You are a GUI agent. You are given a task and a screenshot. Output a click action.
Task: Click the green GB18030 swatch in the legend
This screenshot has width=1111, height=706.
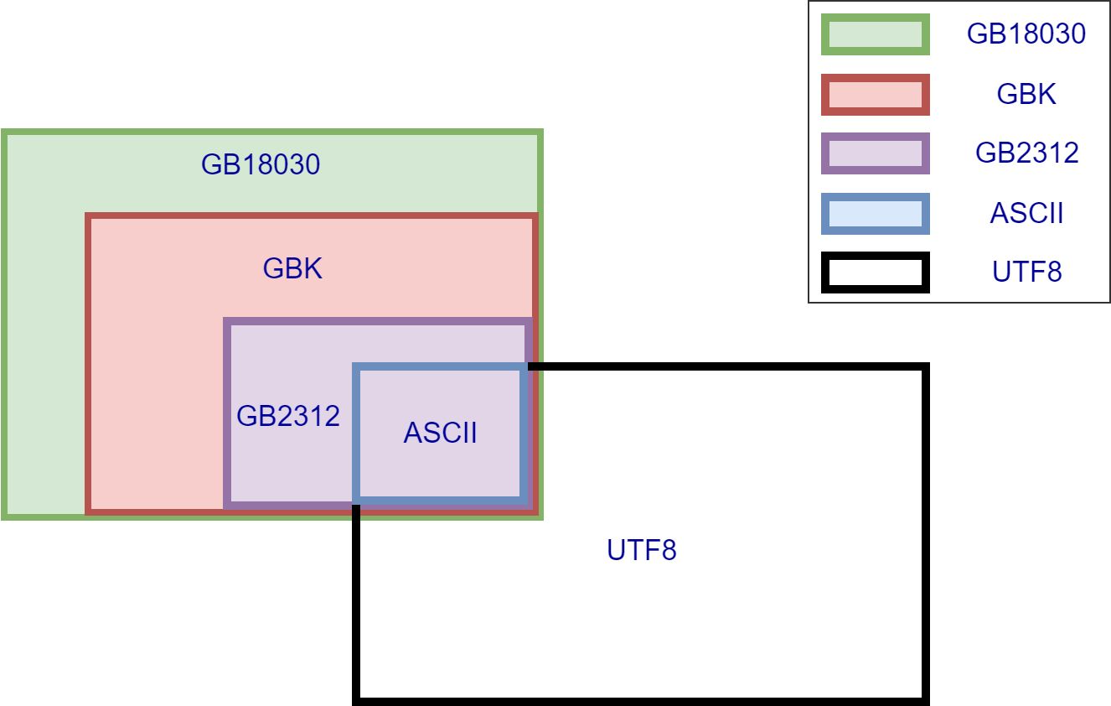876,34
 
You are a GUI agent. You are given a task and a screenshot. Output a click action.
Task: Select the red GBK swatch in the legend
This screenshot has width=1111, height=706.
876,95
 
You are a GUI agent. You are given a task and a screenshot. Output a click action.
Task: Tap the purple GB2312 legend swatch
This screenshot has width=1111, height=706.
876,154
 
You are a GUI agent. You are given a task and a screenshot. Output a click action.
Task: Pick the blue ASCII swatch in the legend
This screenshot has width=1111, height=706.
876,214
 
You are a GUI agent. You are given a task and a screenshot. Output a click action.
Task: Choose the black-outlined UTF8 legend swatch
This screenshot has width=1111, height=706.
876,273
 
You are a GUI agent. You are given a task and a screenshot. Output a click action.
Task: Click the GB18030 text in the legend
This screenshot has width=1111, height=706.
1026,34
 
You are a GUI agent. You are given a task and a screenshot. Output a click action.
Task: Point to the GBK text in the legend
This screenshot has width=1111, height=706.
1026,95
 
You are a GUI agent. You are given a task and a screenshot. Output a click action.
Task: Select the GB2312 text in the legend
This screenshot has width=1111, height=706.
1026,154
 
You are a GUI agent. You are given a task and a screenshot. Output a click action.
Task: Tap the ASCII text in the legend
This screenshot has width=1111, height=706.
1026,214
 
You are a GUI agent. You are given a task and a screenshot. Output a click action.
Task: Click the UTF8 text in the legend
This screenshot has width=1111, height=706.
1026,273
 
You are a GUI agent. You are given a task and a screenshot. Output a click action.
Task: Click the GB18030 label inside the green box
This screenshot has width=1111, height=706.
261,164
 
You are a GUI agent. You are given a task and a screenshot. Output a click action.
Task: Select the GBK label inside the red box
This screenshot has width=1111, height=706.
292,269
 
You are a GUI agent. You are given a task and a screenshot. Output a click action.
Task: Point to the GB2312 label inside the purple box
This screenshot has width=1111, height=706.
288,416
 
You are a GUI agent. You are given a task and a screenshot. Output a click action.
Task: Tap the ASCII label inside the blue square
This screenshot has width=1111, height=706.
440,433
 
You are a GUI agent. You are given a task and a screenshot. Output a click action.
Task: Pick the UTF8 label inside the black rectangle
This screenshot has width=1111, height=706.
641,551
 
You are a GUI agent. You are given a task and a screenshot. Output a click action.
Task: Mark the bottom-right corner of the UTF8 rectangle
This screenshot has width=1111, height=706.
927,699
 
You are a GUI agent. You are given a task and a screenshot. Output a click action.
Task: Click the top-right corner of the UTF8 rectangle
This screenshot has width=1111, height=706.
927,367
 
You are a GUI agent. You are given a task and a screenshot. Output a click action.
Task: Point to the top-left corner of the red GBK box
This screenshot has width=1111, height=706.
88,217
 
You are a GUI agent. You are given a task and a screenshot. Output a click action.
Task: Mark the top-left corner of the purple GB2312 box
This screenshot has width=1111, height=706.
227,321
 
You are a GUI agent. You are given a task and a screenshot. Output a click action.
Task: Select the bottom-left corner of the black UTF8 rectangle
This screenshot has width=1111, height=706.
356,699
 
